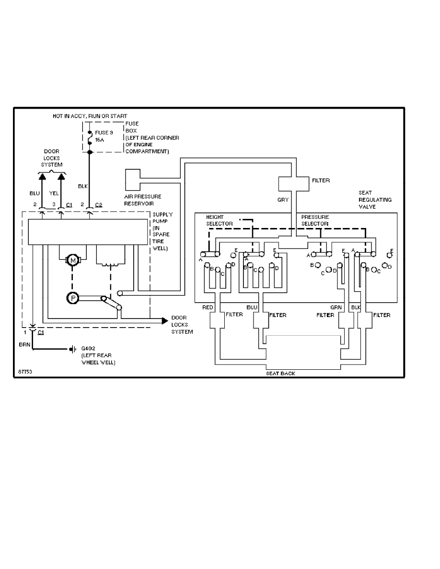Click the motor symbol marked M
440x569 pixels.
point(73,260)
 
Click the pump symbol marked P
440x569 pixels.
point(73,298)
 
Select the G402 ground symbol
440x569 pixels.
point(72,349)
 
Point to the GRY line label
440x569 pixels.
point(283,200)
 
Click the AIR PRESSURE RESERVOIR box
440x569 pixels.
point(133,179)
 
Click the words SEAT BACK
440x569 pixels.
point(280,373)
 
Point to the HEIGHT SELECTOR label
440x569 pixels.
point(219,220)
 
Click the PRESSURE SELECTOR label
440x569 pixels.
point(315,220)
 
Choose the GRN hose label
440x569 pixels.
point(336,307)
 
